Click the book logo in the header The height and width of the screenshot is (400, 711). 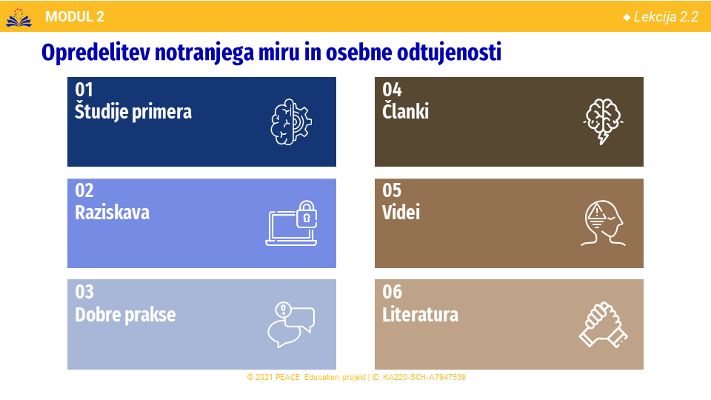tap(19, 18)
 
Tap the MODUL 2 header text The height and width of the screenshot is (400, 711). tap(75, 17)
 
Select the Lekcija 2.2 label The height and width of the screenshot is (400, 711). tap(666, 17)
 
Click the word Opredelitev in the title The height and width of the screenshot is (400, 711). tap(96, 53)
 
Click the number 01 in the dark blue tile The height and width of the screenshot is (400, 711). tap(84, 90)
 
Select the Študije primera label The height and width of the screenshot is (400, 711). tap(133, 112)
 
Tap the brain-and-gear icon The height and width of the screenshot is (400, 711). tap(291, 122)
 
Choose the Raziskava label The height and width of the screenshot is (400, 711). tap(112, 213)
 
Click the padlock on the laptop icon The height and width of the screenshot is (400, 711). tap(307, 214)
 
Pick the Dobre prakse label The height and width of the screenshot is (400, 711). tap(125, 314)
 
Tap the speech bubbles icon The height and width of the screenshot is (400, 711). tap(291, 324)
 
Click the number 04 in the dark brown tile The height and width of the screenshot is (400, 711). tap(392, 90)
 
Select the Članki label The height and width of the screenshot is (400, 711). tap(405, 112)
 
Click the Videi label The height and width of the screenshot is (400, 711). tap(401, 213)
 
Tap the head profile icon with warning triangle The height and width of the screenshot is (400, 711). tap(603, 223)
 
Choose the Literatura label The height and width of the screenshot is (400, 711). tap(421, 314)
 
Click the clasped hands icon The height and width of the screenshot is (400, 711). tap(604, 325)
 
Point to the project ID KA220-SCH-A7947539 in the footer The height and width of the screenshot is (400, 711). tap(424, 377)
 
